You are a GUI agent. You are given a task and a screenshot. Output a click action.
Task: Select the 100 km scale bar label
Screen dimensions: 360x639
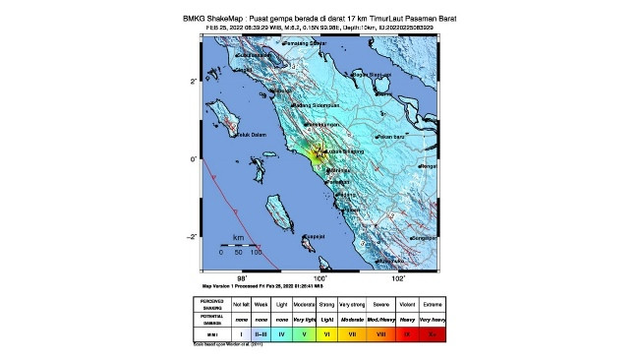click(x=256, y=253)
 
